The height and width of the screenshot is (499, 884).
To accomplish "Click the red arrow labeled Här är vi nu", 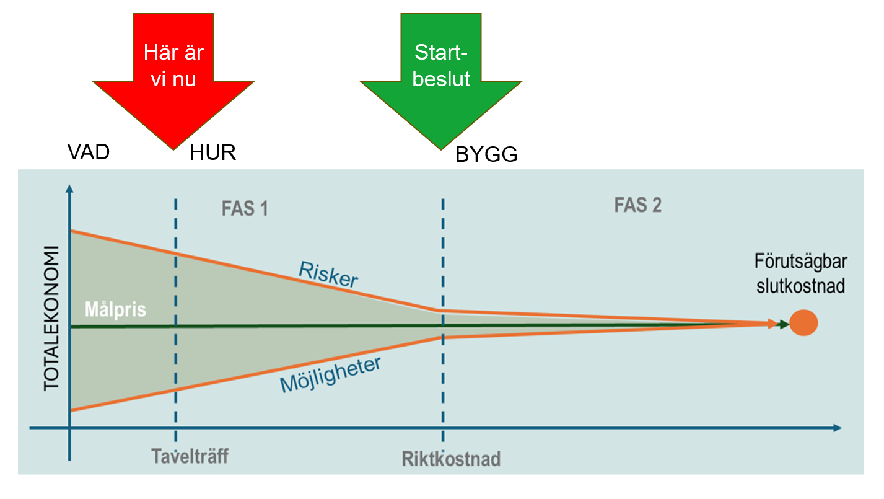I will (x=173, y=68).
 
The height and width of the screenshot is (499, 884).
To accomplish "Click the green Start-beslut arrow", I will (x=441, y=68).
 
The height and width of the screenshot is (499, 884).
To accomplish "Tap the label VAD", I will (x=89, y=152).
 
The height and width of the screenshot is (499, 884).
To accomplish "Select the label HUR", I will (x=212, y=152).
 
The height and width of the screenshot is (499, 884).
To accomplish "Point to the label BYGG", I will (x=486, y=155).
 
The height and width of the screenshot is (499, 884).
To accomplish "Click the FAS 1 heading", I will (x=245, y=209).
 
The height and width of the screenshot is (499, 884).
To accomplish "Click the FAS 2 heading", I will (x=637, y=205).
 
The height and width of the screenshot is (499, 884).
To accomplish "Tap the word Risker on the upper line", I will (x=328, y=275).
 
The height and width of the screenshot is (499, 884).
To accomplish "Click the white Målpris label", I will (x=115, y=309).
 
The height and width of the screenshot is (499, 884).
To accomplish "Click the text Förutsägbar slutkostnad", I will (x=800, y=274).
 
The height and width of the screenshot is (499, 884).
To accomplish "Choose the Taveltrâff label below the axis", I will (x=190, y=457).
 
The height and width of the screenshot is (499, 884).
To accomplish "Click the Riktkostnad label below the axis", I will (x=450, y=459).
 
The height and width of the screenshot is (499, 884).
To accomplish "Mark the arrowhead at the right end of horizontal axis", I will (x=837, y=428).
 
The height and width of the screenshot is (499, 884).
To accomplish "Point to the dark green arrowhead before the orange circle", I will (x=784, y=324).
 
